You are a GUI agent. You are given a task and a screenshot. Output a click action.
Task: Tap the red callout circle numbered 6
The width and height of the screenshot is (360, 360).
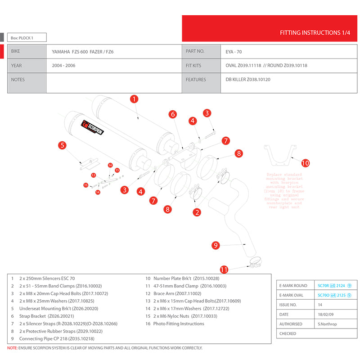(172, 114)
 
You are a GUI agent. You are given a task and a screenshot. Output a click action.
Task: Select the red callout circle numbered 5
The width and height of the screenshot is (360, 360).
(63, 145)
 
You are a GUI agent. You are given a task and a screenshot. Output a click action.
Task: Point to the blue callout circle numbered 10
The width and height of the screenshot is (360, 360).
(306, 163)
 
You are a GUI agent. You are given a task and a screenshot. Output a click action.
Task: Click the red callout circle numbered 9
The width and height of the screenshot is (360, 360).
(216, 245)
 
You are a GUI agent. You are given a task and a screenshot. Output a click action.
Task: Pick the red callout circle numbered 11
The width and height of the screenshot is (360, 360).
(224, 270)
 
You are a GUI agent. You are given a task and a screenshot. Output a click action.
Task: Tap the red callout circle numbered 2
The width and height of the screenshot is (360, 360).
(197, 211)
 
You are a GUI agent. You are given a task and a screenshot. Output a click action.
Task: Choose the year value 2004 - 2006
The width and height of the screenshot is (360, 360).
(63, 66)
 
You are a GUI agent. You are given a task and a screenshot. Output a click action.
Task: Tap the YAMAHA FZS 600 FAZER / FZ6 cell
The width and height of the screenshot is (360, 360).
(83, 51)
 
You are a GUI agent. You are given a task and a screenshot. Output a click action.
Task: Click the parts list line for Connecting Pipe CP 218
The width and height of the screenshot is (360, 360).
(57, 338)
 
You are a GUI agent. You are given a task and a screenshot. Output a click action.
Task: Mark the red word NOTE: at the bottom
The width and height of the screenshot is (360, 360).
(12, 348)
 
